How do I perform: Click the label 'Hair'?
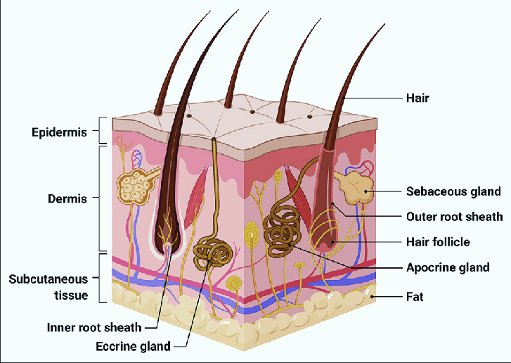pyautogui.click(x=417, y=98)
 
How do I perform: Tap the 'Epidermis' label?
pyautogui.click(x=58, y=132)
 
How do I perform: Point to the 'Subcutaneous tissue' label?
pyautogui.click(x=48, y=287)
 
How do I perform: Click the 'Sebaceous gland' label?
pyautogui.click(x=453, y=191)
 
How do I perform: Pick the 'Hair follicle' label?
pyautogui.click(x=438, y=241)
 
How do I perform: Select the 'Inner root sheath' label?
pyautogui.click(x=94, y=327)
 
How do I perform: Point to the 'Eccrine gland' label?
pyautogui.click(x=133, y=345)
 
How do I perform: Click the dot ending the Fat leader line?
pyautogui.click(x=373, y=297)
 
